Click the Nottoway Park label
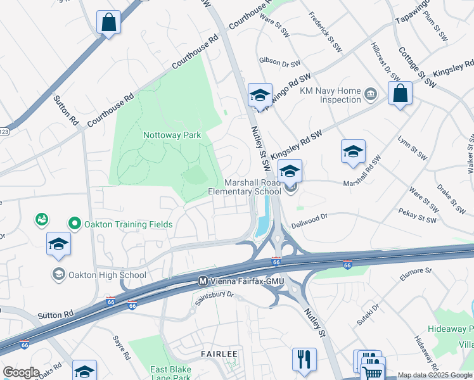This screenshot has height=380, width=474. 172,135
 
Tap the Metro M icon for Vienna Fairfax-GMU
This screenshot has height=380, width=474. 203,281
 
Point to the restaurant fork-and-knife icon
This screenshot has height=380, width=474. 304,360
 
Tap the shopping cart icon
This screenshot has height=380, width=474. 373,369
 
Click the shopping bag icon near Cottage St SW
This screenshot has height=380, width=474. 400,94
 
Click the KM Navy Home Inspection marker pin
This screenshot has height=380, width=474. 371,95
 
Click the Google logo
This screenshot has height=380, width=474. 21,372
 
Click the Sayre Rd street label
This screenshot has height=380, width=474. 121,346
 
